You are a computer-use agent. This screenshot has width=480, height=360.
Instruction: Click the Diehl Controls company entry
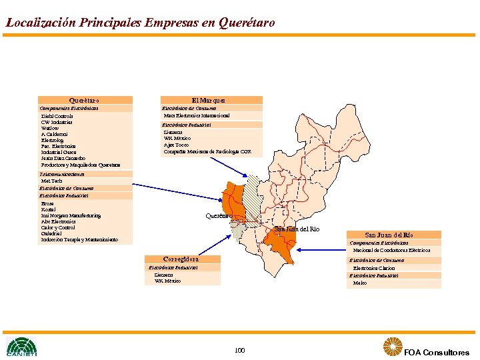(x=57, y=117)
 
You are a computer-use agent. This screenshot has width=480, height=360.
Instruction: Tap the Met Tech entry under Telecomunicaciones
(x=52, y=181)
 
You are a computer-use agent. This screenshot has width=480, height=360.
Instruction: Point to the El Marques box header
(x=212, y=100)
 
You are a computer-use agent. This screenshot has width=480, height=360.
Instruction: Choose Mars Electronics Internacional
(x=197, y=115)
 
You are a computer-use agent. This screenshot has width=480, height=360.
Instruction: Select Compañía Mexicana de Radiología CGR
(x=207, y=151)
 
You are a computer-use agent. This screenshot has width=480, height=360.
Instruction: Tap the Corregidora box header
(x=181, y=259)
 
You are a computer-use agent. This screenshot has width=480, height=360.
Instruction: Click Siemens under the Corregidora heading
(x=164, y=275)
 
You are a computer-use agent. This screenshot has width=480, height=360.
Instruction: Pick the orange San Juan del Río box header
(x=394, y=235)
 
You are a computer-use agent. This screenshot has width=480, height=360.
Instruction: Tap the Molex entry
(x=360, y=283)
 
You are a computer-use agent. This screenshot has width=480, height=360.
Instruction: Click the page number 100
(x=240, y=350)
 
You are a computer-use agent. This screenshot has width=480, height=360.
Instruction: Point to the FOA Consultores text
(x=436, y=352)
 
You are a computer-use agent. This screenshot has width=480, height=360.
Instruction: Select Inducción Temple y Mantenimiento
(x=79, y=239)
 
